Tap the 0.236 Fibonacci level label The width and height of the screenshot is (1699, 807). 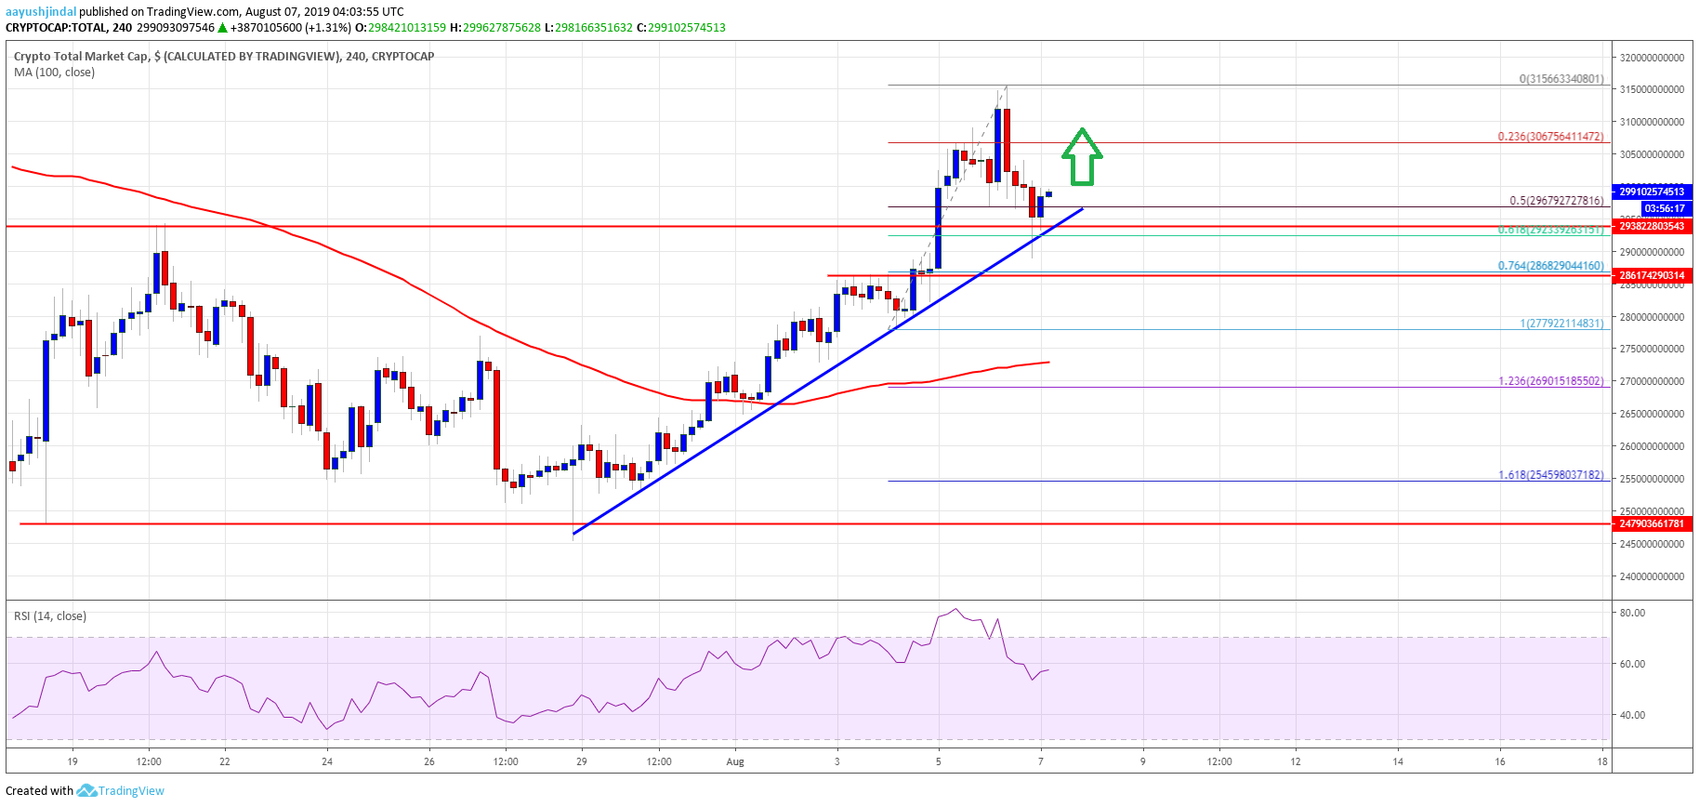point(1550,137)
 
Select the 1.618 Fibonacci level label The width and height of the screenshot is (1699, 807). point(1550,475)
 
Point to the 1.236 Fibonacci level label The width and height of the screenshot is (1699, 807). point(1550,381)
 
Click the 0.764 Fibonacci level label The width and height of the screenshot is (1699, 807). point(1550,266)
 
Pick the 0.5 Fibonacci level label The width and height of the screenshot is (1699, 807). point(1556,201)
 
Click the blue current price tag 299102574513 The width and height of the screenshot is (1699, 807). point(1652,192)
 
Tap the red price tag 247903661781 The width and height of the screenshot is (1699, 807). point(1652,523)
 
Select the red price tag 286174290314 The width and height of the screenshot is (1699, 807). point(1652,275)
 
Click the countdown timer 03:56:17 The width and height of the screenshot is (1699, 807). point(1664,208)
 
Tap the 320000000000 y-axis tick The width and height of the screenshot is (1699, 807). point(1652,58)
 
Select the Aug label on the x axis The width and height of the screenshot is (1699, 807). point(735,761)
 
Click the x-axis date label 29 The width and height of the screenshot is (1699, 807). point(582,761)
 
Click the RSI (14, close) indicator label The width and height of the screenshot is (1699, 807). point(50,615)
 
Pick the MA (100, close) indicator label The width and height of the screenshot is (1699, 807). point(54,72)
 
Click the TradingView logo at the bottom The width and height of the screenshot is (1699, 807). point(121,791)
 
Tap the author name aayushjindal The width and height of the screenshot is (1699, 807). point(41,12)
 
